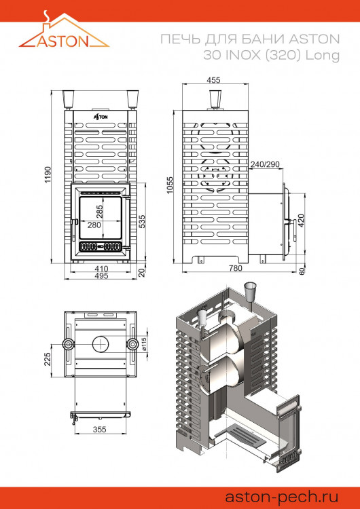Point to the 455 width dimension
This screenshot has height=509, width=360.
214,80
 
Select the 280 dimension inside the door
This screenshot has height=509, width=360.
94,225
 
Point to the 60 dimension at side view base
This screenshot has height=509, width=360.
302,271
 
